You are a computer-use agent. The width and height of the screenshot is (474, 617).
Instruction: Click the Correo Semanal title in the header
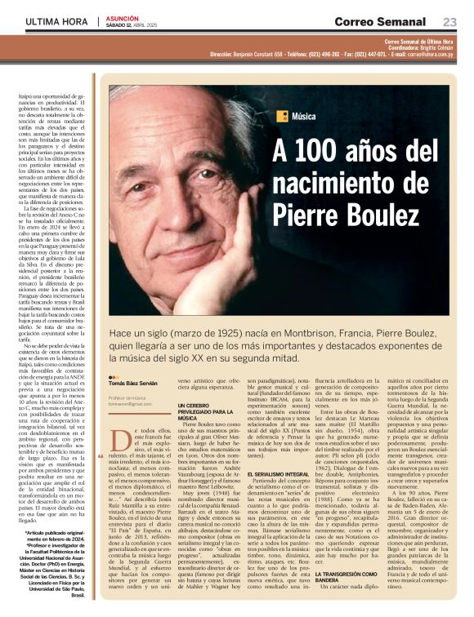pyautogui.click(x=379, y=21)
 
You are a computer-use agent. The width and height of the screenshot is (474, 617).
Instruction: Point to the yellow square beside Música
pyautogui.click(x=280, y=115)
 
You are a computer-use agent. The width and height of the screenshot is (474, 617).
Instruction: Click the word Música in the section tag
pyautogui.click(x=302, y=115)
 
